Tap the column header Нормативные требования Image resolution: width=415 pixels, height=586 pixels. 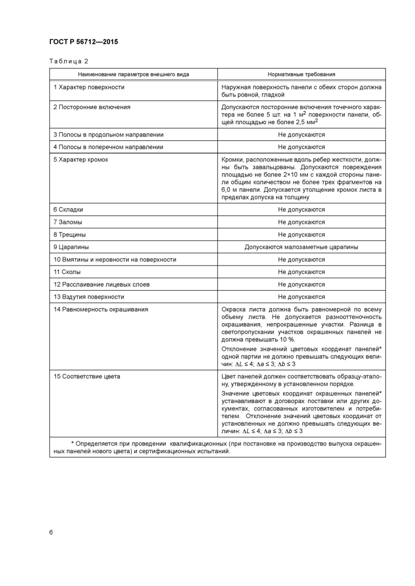tap(302, 74)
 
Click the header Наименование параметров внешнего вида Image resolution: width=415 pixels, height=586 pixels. tap(133, 74)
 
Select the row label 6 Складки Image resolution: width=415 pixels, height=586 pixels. tap(68, 209)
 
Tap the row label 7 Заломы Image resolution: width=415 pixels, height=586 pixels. tap(68, 222)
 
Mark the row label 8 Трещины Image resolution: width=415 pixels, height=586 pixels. tap(70, 234)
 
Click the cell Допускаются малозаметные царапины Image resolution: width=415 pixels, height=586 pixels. tap(302, 247)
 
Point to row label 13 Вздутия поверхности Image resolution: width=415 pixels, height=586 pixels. tap(89, 297)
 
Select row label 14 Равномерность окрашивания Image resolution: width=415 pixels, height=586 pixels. tap(101, 309)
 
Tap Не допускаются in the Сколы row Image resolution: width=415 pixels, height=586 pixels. tap(302, 272)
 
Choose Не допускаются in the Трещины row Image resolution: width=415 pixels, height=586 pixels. tap(302, 234)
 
